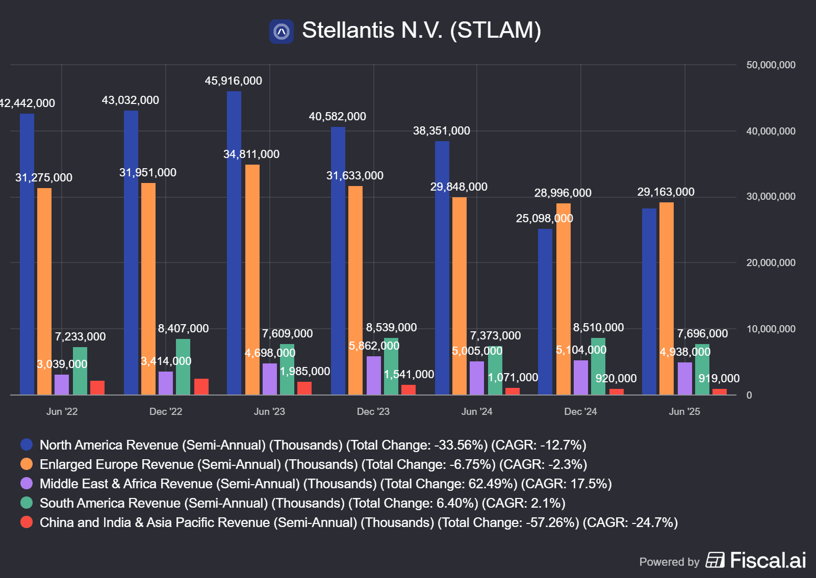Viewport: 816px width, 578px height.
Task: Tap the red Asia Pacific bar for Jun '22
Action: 97,387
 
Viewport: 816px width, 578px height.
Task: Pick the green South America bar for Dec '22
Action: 183,366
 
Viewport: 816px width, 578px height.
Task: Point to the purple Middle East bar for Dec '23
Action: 374,375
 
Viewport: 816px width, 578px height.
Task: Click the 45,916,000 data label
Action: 233,81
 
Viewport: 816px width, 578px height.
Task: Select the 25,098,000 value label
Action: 544,219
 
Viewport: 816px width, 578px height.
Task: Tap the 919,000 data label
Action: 719,379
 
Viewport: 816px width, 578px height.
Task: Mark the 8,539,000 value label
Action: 391,328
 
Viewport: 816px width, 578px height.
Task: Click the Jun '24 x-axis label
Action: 477,411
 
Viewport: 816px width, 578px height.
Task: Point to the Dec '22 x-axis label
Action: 166,411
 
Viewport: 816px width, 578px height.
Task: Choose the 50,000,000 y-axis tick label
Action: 771,65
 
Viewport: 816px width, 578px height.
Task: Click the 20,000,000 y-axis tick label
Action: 771,263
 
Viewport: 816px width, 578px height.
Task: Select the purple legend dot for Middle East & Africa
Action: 27,484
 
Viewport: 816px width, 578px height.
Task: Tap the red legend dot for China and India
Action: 27,522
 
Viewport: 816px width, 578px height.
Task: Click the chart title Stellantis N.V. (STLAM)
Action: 421,30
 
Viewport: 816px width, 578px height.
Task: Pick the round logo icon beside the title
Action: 282,32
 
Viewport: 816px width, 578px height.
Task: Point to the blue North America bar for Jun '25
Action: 649,301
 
